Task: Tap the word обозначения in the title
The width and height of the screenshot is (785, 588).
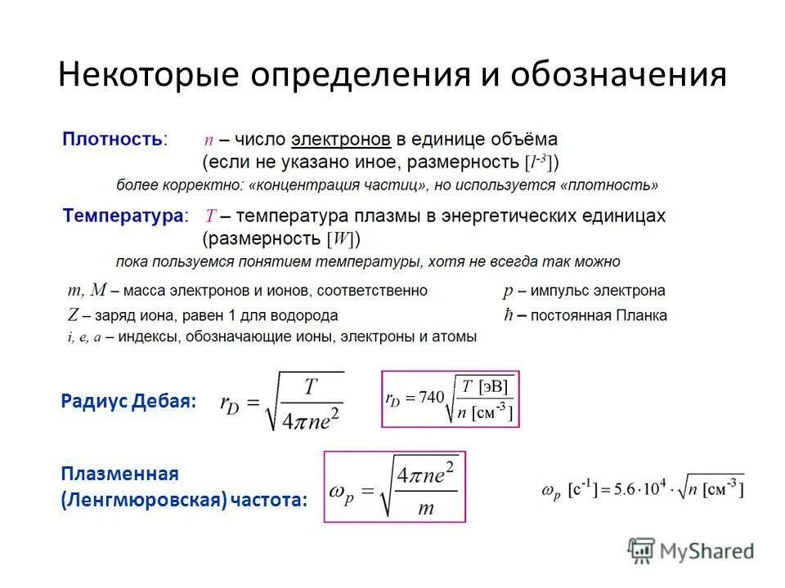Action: pyautogui.click(x=618, y=75)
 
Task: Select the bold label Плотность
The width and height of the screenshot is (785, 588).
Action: pyautogui.click(x=113, y=139)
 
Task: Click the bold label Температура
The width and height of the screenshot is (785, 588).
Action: pyautogui.click(x=123, y=216)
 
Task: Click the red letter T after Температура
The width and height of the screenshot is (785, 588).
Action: pyautogui.click(x=210, y=216)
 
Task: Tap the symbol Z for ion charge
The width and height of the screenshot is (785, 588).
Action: pyautogui.click(x=73, y=315)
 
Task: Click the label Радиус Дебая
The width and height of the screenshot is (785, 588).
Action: pyautogui.click(x=129, y=401)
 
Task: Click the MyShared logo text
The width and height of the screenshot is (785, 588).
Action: pyautogui.click(x=706, y=551)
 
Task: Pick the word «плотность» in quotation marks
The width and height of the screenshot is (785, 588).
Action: pyautogui.click(x=609, y=185)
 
